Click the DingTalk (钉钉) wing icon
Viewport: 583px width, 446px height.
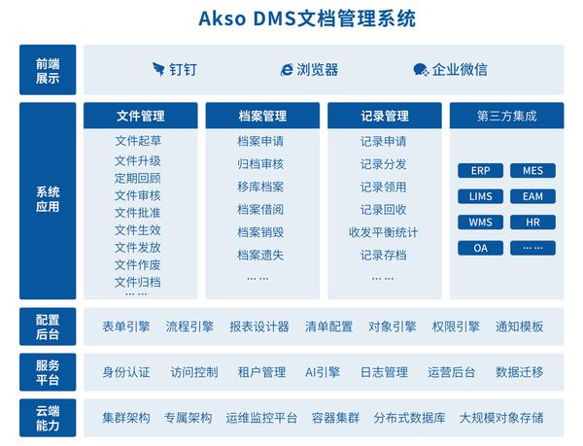pyautogui.click(x=158, y=69)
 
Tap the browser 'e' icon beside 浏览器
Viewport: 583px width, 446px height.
pyautogui.click(x=287, y=70)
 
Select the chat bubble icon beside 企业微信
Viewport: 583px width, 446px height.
pyautogui.click(x=421, y=70)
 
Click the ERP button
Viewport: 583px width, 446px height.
pyautogui.click(x=480, y=171)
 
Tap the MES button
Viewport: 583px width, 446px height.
pyautogui.click(x=532, y=171)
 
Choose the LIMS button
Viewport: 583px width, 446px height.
pyautogui.click(x=480, y=196)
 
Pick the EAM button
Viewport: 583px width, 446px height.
pyautogui.click(x=532, y=196)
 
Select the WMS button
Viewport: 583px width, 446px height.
pyautogui.click(x=480, y=223)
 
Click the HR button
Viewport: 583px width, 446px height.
pyautogui.click(x=532, y=223)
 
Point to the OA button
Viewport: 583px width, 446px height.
pyautogui.click(x=480, y=248)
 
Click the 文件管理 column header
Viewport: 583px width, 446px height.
pyautogui.click(x=141, y=116)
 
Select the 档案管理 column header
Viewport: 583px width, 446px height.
pyautogui.click(x=262, y=116)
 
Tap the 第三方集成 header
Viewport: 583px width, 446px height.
pyautogui.click(x=507, y=116)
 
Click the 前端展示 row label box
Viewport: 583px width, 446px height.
pyautogui.click(x=48, y=70)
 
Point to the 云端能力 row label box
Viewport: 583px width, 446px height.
pyautogui.click(x=48, y=418)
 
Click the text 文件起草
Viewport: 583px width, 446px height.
pyautogui.click(x=138, y=141)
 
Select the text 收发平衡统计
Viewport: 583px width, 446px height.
pyautogui.click(x=384, y=232)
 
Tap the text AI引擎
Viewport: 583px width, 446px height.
pyautogui.click(x=323, y=372)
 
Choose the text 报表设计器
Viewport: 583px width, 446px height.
pyautogui.click(x=259, y=326)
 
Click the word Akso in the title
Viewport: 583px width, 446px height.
pyautogui.click(x=222, y=18)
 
